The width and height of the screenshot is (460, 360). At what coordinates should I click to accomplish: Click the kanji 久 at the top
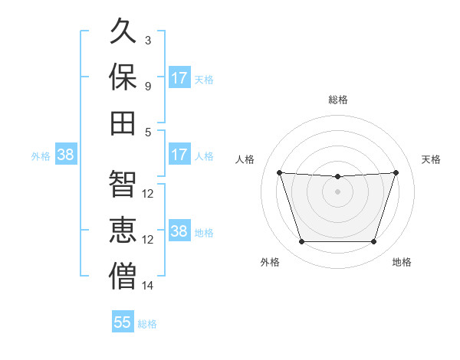tap(123, 31)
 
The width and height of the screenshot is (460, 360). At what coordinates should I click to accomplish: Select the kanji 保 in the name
tap(123, 77)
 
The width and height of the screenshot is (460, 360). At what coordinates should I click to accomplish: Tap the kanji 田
tap(123, 123)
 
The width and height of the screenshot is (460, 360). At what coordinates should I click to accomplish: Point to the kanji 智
tap(123, 184)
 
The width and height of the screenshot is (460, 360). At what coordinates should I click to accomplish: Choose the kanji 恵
tap(123, 230)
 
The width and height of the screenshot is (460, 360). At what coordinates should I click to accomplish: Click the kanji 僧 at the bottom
tap(123, 276)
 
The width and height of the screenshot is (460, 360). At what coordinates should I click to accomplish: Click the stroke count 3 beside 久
tap(148, 40)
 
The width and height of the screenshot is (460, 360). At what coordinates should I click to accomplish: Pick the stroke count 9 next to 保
tap(148, 87)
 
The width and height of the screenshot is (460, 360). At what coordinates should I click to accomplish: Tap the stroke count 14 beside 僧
tap(147, 286)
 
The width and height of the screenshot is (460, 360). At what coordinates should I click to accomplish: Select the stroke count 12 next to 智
tap(147, 194)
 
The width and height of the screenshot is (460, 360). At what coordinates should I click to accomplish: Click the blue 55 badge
tap(123, 321)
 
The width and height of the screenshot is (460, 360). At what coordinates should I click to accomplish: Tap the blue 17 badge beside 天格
tap(179, 77)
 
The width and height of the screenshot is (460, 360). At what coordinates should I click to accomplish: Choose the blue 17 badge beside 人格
tap(179, 154)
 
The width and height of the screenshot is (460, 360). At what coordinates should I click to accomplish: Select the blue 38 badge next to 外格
tap(66, 154)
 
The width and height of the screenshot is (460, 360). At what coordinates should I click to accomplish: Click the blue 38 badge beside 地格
tap(179, 230)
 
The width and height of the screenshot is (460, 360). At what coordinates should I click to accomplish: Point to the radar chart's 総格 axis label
tap(338, 100)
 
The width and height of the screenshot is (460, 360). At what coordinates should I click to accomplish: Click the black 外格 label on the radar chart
tap(270, 262)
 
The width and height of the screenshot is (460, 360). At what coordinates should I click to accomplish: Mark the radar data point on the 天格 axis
tap(396, 172)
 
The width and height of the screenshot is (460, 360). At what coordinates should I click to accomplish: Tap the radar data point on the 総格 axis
tap(337, 176)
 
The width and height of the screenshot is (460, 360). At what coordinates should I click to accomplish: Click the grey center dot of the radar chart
tap(337, 191)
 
